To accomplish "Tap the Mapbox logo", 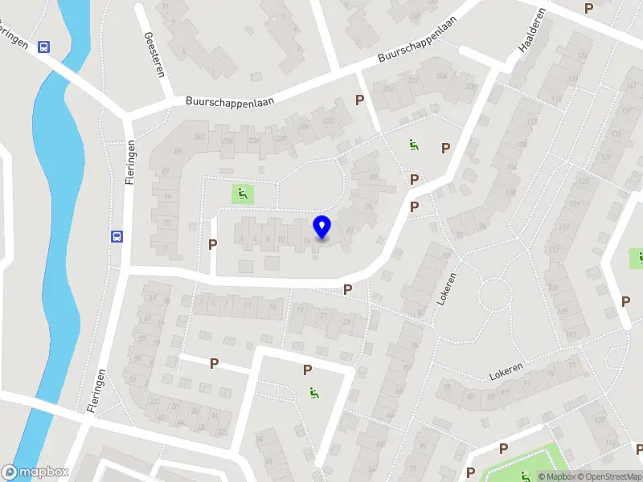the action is pos(35,472).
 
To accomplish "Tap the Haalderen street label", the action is pos(527,35).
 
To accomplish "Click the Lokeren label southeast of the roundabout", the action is pos(506,372).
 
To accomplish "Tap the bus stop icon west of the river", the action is pos(43,47).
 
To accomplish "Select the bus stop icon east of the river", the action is pos(117,236).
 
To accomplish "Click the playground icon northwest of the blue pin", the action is pos(242,193).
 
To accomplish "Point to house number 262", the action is pos(199,137).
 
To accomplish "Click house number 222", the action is pos(328,120).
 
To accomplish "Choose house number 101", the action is pos(570,334).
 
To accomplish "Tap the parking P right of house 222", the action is pos(360,100).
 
